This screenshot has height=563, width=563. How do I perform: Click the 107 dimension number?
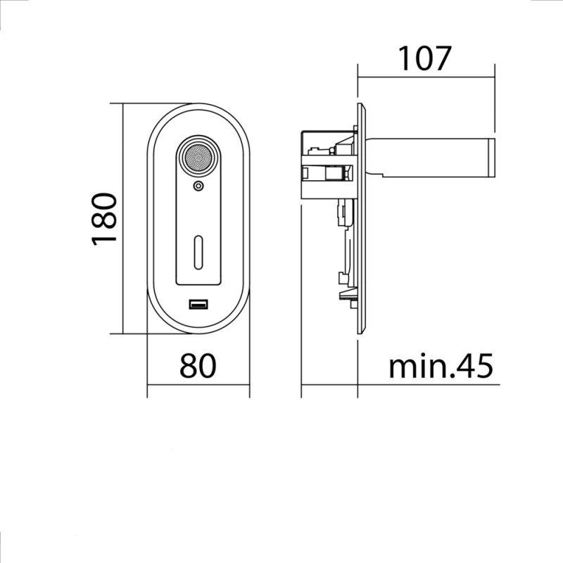[x=424, y=58]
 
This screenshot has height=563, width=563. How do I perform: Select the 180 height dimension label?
[x=104, y=220]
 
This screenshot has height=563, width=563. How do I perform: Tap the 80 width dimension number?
[x=198, y=366]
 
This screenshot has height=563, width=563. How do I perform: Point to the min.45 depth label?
[x=441, y=366]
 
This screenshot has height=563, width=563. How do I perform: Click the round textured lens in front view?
[x=198, y=157]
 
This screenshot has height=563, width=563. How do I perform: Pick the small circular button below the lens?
[x=198, y=186]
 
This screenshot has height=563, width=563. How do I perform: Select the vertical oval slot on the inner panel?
[x=198, y=253]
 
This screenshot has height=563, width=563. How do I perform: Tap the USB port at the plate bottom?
[x=198, y=305]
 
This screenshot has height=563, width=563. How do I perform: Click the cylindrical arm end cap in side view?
[x=491, y=158]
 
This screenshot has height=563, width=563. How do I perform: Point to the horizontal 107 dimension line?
[x=426, y=77]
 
